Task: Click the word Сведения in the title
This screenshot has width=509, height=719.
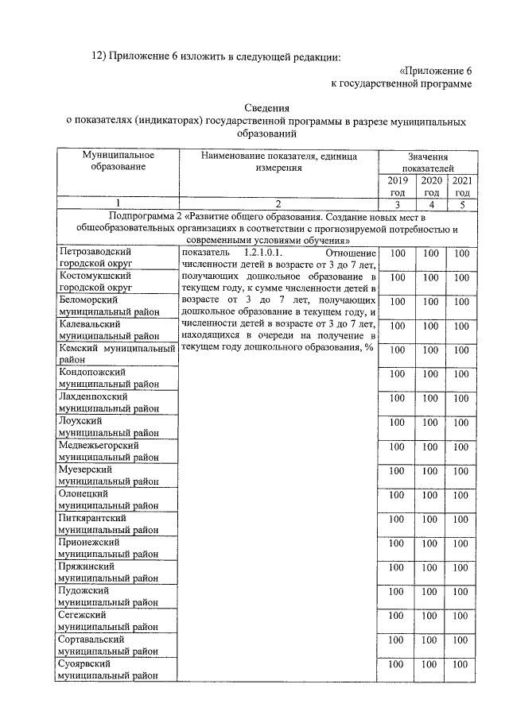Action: [266, 108]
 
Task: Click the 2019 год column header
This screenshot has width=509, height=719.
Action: [398, 187]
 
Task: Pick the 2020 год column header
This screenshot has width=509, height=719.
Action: [431, 187]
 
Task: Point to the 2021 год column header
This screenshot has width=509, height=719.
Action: [461, 187]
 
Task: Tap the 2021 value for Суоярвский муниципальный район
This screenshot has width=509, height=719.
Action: [461, 664]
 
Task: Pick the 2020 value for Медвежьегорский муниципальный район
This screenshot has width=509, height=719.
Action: [431, 446]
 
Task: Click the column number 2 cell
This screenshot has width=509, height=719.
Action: [278, 203]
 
